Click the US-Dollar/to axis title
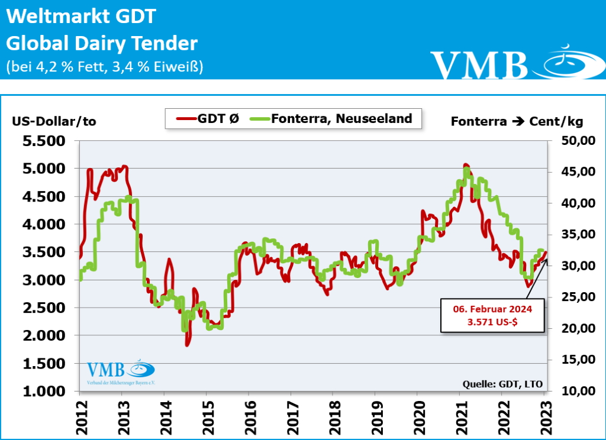[53, 121]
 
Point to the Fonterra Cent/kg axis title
[517, 121]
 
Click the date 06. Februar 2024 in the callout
[492, 309]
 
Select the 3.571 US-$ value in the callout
[492, 322]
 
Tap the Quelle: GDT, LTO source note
[502, 384]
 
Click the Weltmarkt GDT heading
[81, 17]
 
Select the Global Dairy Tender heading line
[102, 43]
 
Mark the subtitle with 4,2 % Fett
[105, 67]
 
